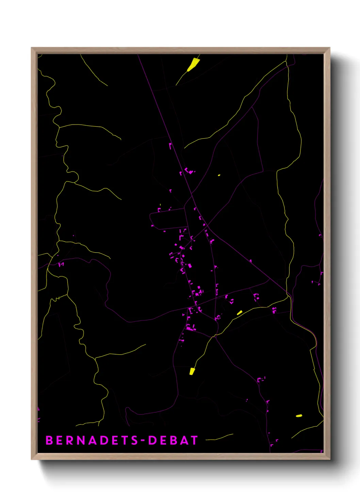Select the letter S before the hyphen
pyautogui.click(x=134, y=440)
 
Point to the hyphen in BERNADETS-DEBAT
pyautogui.click(x=143, y=441)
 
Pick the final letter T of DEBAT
pyautogui.click(x=194, y=440)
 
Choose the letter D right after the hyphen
pyautogui.click(x=152, y=440)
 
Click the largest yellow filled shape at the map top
pyautogui.click(x=193, y=64)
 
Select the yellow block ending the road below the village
pyautogui.click(x=192, y=371)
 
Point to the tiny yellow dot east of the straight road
pyautogui.click(x=219, y=175)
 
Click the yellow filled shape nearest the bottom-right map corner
pyautogui.click(x=299, y=415)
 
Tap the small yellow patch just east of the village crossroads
pyautogui.click(x=240, y=312)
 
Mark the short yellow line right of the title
pyautogui.click(x=220, y=437)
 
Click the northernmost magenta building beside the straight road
pyautogui.click(x=170, y=146)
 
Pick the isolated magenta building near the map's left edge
pyautogui.click(x=61, y=264)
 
